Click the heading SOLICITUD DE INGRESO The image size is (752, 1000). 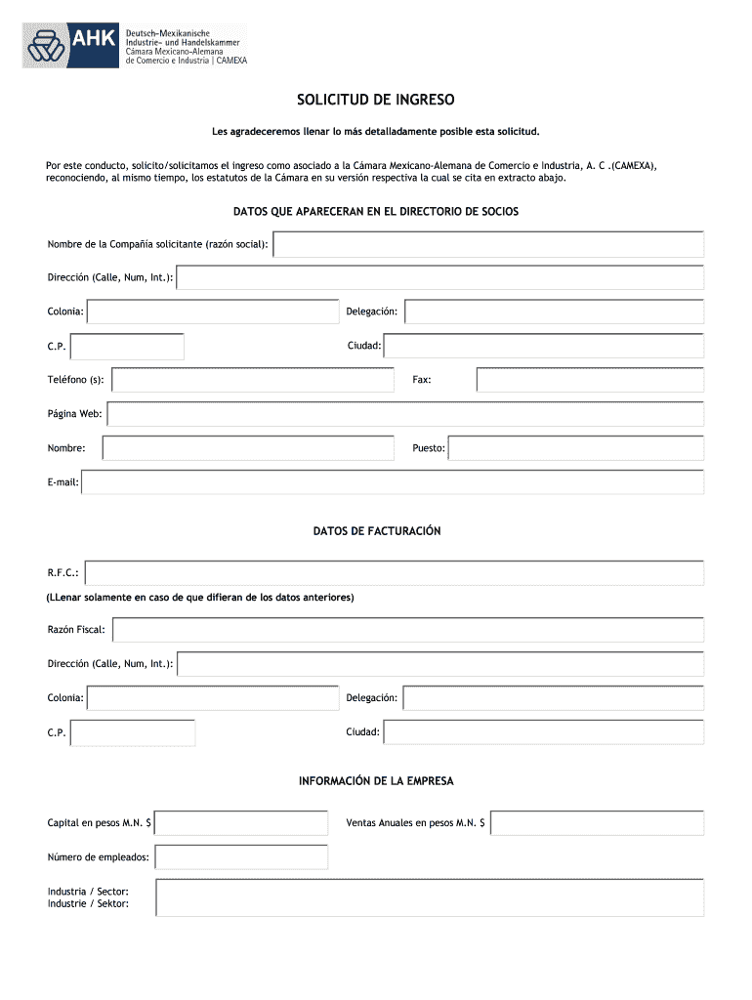pyautogui.click(x=376, y=100)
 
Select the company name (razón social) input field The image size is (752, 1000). pyautogui.click(x=488, y=244)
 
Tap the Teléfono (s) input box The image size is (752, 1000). pyautogui.click(x=253, y=380)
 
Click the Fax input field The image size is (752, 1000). pyautogui.click(x=590, y=380)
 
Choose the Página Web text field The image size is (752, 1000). pyautogui.click(x=405, y=414)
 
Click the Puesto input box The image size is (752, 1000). pyautogui.click(x=575, y=448)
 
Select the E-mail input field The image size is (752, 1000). pyautogui.click(x=393, y=482)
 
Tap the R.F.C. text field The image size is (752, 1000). pyautogui.click(x=395, y=573)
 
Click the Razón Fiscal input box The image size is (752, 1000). pyautogui.click(x=408, y=630)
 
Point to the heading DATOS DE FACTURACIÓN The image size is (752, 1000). pyautogui.click(x=377, y=531)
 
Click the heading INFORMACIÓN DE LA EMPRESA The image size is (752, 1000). pyautogui.click(x=376, y=781)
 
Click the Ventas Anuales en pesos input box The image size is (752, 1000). pyautogui.click(x=597, y=823)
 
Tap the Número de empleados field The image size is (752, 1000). pyautogui.click(x=241, y=857)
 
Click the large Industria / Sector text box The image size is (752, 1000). pyautogui.click(x=430, y=897)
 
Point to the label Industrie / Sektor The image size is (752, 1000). pyautogui.click(x=88, y=904)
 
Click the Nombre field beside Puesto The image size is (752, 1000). pyautogui.click(x=248, y=448)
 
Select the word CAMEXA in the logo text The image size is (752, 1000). pyautogui.click(x=231, y=61)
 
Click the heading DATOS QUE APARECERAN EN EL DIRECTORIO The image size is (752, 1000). pyautogui.click(x=376, y=212)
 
